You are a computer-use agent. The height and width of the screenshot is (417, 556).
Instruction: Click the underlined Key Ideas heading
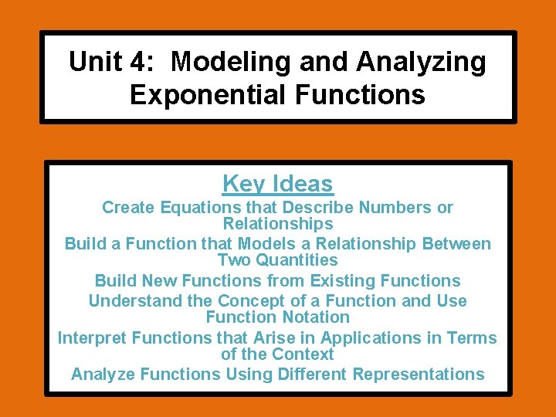(x=278, y=184)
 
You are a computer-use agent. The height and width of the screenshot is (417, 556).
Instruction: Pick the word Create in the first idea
(x=128, y=208)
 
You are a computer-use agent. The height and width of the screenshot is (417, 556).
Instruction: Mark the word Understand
(x=136, y=301)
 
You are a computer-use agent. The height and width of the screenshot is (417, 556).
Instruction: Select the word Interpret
(x=93, y=338)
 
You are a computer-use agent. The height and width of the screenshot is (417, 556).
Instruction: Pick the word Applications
(x=368, y=338)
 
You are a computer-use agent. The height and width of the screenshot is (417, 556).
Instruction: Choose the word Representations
(x=419, y=375)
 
